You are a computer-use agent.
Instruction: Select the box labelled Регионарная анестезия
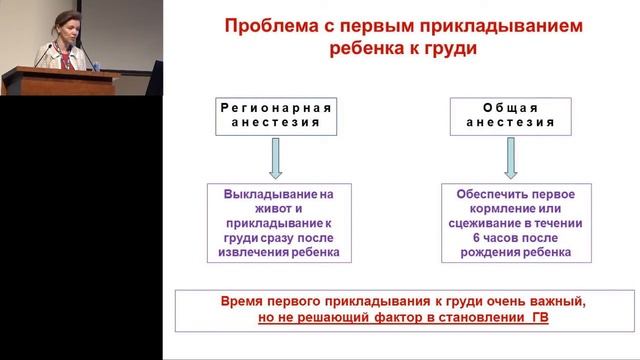click(275, 114)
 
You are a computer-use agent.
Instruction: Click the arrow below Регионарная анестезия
click(275, 158)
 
